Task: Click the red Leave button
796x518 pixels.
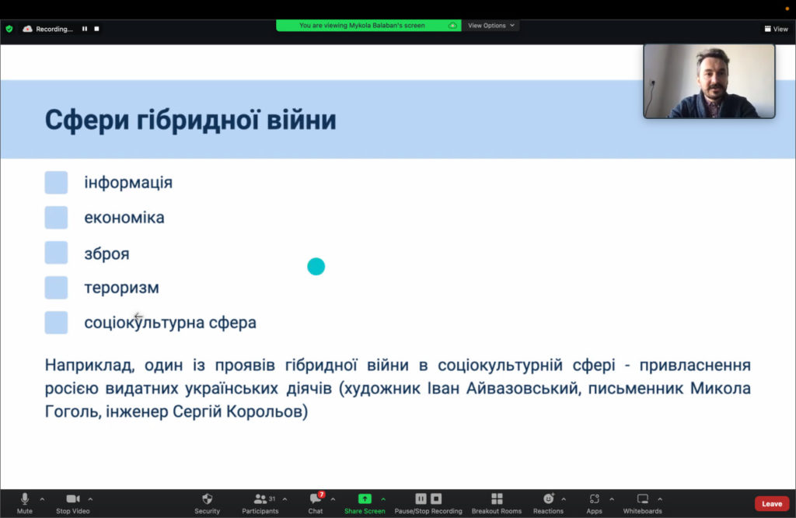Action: pyautogui.click(x=772, y=503)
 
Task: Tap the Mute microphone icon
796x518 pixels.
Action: pyautogui.click(x=24, y=499)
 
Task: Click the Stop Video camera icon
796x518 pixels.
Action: pyautogui.click(x=73, y=499)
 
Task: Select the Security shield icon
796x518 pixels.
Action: pyautogui.click(x=207, y=499)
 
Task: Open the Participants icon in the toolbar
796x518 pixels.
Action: pyautogui.click(x=260, y=499)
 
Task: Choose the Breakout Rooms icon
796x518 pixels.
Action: pyautogui.click(x=497, y=499)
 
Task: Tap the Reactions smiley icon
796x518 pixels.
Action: pyautogui.click(x=548, y=499)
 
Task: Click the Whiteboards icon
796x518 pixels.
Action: pyautogui.click(x=643, y=499)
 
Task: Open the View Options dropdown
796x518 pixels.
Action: pyautogui.click(x=491, y=26)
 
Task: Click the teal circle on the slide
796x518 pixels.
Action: pyautogui.click(x=316, y=266)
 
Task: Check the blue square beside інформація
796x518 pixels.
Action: pyautogui.click(x=56, y=182)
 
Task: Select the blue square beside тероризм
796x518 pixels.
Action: pyautogui.click(x=56, y=288)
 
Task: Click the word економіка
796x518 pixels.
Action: pyautogui.click(x=124, y=217)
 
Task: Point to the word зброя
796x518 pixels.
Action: pyautogui.click(x=106, y=254)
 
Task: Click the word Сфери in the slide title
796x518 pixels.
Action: pyautogui.click(x=87, y=121)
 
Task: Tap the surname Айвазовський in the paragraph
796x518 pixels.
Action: pyautogui.click(x=522, y=388)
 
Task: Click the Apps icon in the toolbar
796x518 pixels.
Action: pyautogui.click(x=595, y=499)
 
